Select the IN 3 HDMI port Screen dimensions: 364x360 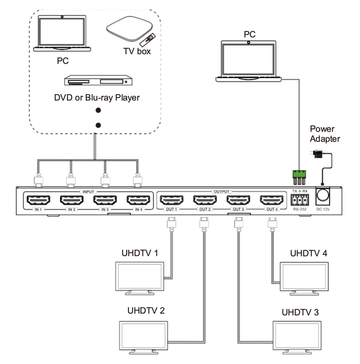(x=106, y=200)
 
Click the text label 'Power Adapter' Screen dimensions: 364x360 (x=325, y=134)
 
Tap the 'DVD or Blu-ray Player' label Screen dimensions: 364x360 (x=97, y=98)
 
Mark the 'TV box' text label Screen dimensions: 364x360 (x=137, y=51)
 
